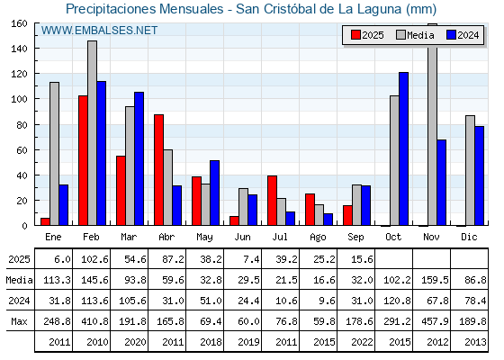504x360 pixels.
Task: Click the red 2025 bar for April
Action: coord(158,170)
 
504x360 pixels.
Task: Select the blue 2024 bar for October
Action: coord(404,148)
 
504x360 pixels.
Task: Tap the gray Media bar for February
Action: coord(92,133)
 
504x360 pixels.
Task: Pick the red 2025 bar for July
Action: coord(272,200)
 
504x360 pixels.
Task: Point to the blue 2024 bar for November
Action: coord(441,182)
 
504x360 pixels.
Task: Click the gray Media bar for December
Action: coord(470,170)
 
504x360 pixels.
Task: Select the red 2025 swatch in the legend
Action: coord(355,35)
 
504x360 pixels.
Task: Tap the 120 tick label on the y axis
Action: coord(20,74)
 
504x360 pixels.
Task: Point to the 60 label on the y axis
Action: coord(22,149)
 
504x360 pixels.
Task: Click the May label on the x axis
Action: coord(205,238)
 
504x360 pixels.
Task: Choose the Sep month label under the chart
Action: coord(355,238)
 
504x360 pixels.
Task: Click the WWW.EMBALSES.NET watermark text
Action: coord(99,31)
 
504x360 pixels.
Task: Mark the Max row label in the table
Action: coord(19,321)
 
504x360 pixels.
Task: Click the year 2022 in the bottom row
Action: coord(362,342)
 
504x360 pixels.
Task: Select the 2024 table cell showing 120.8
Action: coord(397,301)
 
